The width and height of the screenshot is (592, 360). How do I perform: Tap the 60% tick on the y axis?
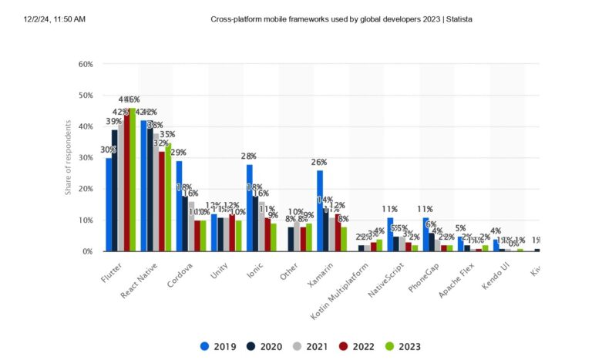(x=86, y=64)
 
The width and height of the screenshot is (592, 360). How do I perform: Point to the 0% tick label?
(x=88, y=251)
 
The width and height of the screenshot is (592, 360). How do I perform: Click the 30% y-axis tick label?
(x=86, y=158)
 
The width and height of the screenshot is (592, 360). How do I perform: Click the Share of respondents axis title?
(x=68, y=157)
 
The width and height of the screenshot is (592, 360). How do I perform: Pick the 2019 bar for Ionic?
(x=250, y=207)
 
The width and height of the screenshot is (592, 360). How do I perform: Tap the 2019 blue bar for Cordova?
(x=179, y=206)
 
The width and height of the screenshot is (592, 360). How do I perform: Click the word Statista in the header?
(x=457, y=19)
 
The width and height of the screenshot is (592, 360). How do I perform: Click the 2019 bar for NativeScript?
(x=390, y=234)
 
